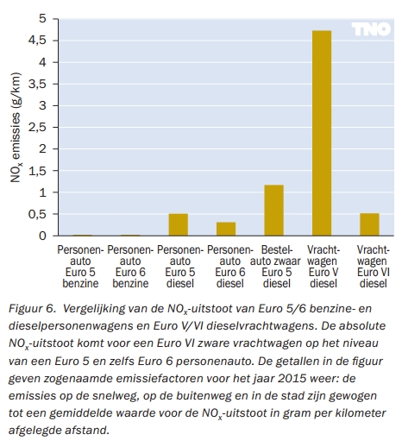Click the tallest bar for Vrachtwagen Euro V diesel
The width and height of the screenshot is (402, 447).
pyautogui.click(x=322, y=133)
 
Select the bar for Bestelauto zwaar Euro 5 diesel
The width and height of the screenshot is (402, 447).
pyautogui.click(x=274, y=211)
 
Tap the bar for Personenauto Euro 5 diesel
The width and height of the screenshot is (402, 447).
pyautogui.click(x=179, y=224)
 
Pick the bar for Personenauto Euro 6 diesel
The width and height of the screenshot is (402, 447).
pyautogui.click(x=226, y=229)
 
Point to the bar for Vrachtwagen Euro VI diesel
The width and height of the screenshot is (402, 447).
pyautogui.click(x=369, y=224)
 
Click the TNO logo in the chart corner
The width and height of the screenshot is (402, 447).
pyautogui.click(x=371, y=29)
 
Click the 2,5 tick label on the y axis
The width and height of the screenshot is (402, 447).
pyautogui.click(x=37, y=128)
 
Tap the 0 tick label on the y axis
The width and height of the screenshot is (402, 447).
pyautogui.click(x=42, y=236)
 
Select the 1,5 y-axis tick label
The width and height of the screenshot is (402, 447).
pyautogui.click(x=37, y=171)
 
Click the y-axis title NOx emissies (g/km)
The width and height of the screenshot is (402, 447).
pyautogui.click(x=16, y=128)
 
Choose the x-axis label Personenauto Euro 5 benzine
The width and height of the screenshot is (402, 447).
pyautogui.click(x=80, y=267)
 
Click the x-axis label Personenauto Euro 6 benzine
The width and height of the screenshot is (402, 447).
pyautogui.click(x=130, y=267)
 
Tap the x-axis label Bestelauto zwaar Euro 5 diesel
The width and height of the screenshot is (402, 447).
pyautogui.click(x=275, y=267)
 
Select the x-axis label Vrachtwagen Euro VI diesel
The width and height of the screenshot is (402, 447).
pyautogui.click(x=374, y=267)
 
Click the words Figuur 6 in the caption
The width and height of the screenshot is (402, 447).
pyautogui.click(x=32, y=309)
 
